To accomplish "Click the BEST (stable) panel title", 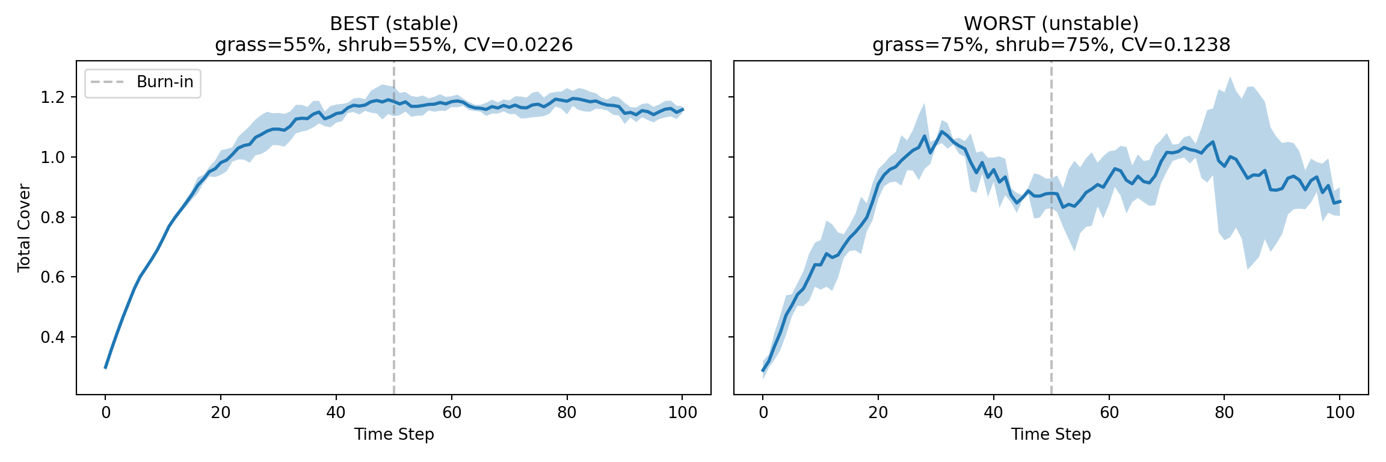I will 394,24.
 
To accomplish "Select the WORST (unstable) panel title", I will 1051,24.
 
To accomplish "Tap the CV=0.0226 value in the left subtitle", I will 518,45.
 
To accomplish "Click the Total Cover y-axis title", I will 24,228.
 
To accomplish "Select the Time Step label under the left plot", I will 394,434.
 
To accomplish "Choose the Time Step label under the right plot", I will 1051,434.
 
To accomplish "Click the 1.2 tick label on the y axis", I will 52,97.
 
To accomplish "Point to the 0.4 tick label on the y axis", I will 52,337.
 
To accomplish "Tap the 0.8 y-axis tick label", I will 52,217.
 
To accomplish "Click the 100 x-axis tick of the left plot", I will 682,413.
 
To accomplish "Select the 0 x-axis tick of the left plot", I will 105,413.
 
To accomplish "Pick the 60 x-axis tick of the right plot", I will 1109,413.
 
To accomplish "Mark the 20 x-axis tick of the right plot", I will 878,413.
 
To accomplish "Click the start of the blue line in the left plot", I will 106,367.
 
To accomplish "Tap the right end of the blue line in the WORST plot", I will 1340,202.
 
